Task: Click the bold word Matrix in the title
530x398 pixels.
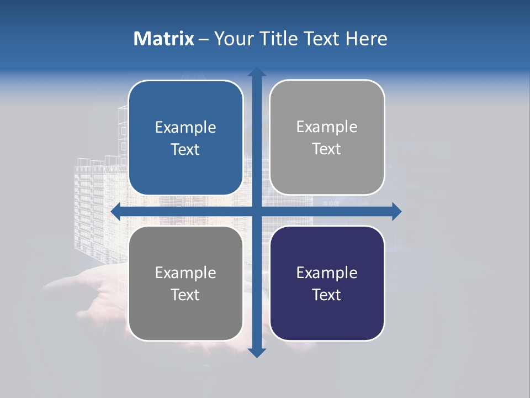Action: [x=164, y=39]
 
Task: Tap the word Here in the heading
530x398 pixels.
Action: [x=367, y=39]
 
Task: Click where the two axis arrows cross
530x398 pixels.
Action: [x=257, y=211]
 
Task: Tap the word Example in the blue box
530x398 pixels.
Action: [x=185, y=128]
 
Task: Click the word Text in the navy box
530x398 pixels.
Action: [x=327, y=295]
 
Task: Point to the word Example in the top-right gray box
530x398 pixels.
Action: [x=327, y=127]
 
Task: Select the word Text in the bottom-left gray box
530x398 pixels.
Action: [x=185, y=295]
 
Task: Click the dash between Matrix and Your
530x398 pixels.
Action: [x=204, y=39]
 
